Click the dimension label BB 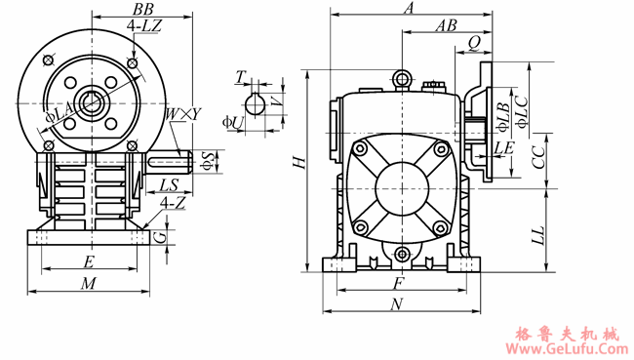(142, 9)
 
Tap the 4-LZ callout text (144, 26)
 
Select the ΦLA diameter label (59, 112)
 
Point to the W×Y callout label (183, 114)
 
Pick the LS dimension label (169, 184)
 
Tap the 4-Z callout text (173, 203)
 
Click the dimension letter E (89, 261)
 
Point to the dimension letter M (89, 284)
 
